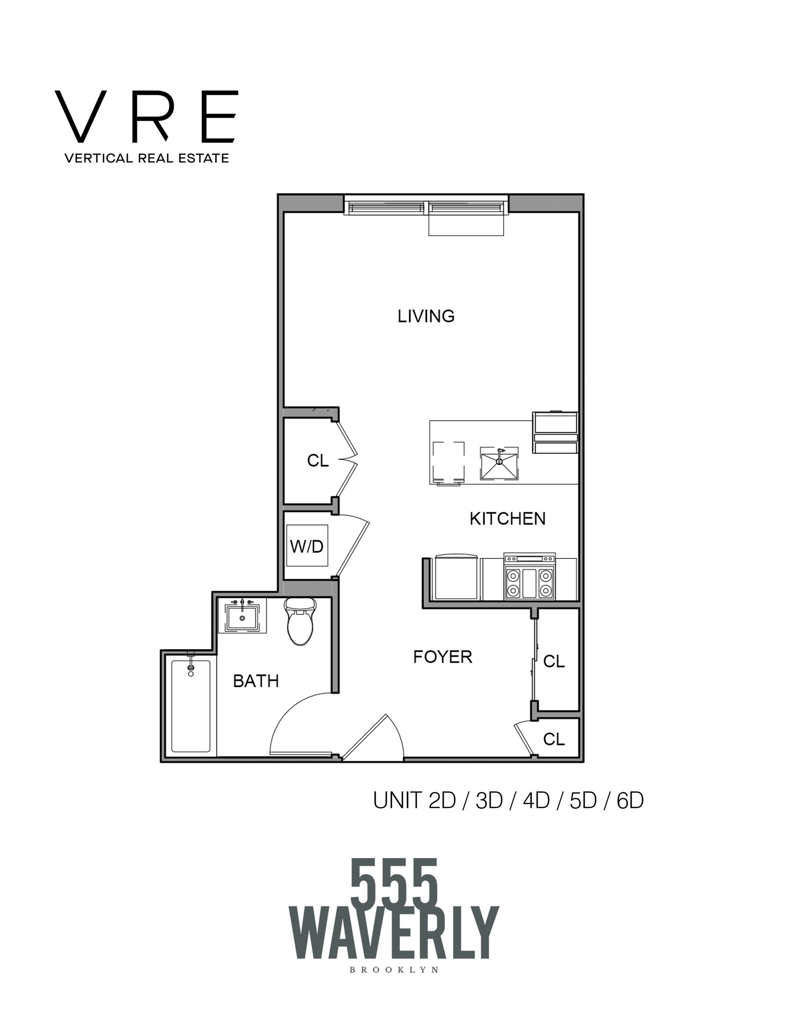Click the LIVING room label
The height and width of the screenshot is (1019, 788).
(426, 316)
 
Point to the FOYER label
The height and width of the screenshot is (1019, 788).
(443, 657)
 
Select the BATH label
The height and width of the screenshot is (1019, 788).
(256, 681)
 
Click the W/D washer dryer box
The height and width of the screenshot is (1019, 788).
(307, 546)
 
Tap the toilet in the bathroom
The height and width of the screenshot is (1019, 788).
(300, 621)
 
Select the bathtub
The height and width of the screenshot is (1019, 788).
(190, 706)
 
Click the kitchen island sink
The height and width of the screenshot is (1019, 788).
(499, 463)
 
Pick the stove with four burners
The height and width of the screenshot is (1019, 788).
(529, 577)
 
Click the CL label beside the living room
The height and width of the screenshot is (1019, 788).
(318, 461)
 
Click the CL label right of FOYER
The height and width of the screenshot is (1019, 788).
(554, 661)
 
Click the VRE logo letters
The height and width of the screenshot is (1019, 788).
(146, 116)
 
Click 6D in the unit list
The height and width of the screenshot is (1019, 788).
(630, 801)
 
